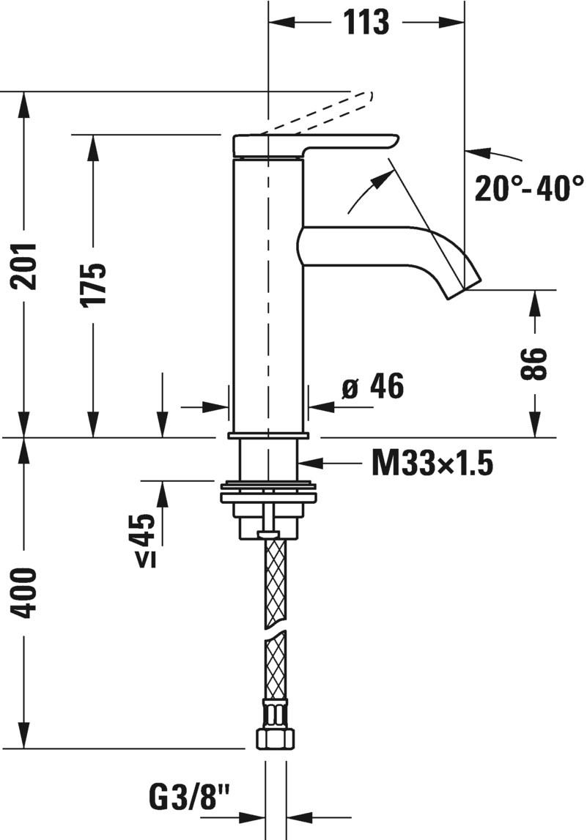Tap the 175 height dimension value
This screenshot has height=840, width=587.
tap(94, 284)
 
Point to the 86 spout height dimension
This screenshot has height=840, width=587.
tap(537, 363)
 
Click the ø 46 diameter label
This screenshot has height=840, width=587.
tap(373, 386)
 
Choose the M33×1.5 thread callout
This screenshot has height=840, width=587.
tap(432, 463)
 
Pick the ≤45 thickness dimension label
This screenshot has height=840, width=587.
tap(146, 541)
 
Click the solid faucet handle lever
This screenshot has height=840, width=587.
tap(315, 143)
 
